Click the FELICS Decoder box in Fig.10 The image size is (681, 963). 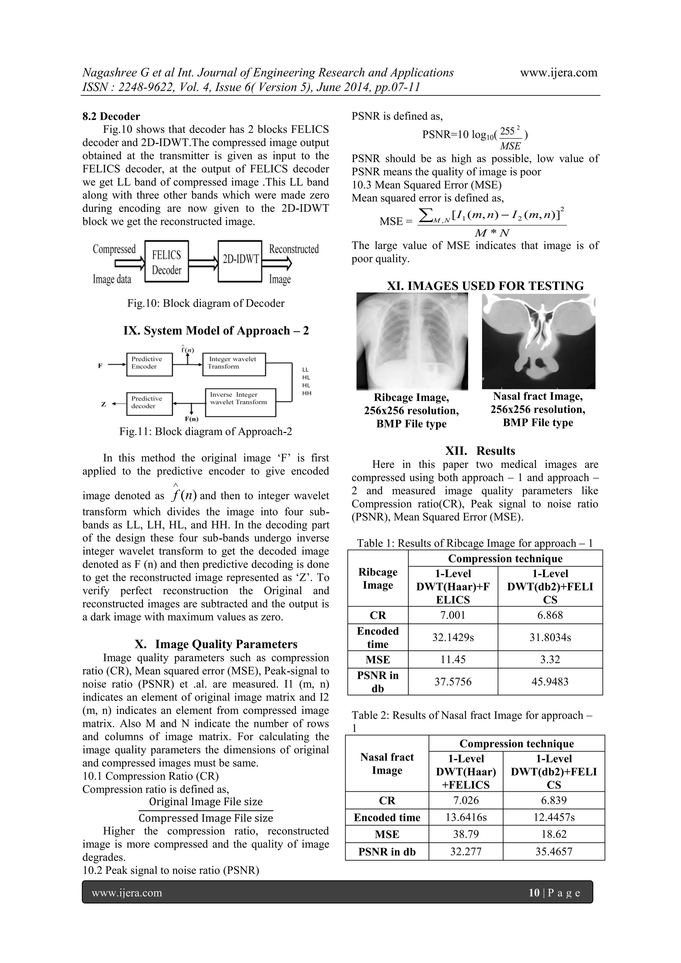[x=167, y=262]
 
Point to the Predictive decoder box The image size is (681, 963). [x=149, y=403]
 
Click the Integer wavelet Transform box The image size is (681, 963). [x=234, y=364]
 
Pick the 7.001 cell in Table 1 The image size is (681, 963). [x=453, y=615]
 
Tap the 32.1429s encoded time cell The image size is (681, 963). [x=453, y=637]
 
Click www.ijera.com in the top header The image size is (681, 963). [x=559, y=72]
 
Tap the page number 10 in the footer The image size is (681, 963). [x=534, y=893]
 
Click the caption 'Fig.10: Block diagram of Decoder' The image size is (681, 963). [x=206, y=303]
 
